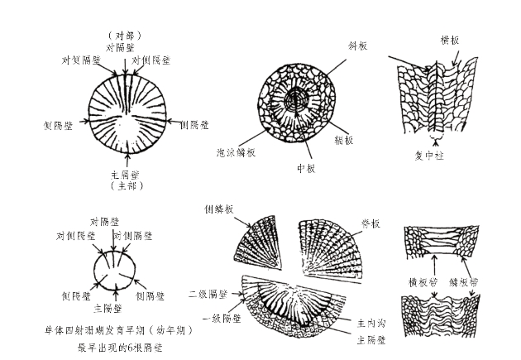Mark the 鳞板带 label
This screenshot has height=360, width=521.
tap(467, 281)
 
